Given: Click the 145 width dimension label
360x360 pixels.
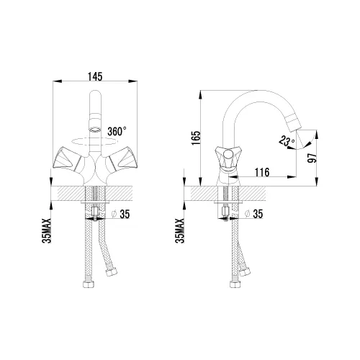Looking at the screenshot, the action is pyautogui.click(x=95, y=77).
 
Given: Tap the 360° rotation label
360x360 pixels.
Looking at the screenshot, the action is pyautogui.click(x=117, y=132).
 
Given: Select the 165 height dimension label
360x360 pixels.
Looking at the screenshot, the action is pyautogui.click(x=195, y=138).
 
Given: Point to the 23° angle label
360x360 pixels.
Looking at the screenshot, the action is pyautogui.click(x=287, y=141).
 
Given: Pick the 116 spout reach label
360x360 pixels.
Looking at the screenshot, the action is pyautogui.click(x=262, y=172).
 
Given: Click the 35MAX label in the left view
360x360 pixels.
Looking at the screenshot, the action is pyautogui.click(x=46, y=230).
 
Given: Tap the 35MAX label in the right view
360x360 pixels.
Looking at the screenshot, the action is pyautogui.click(x=180, y=230).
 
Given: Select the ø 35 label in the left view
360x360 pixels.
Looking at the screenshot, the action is pyautogui.click(x=121, y=214).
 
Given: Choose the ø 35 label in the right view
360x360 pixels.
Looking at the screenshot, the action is pyautogui.click(x=254, y=214).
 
